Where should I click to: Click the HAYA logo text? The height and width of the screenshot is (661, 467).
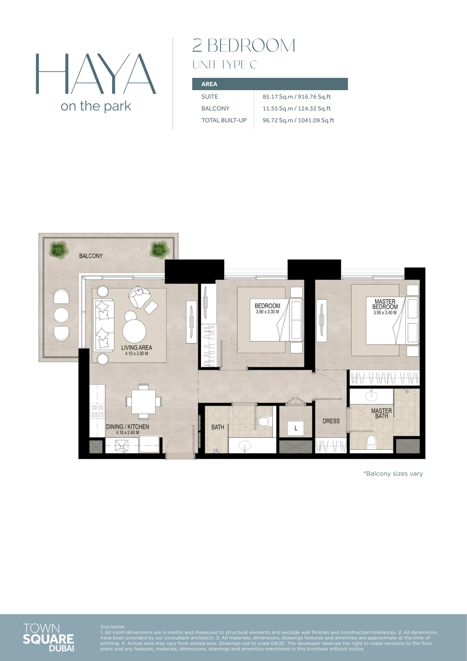tap(95, 74)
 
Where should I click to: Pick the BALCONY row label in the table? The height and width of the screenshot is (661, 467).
tap(215, 109)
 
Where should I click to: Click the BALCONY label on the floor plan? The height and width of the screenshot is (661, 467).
tap(91, 256)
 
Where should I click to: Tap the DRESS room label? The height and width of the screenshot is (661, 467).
tap(331, 421)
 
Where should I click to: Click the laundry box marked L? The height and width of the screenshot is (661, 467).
tap(296, 429)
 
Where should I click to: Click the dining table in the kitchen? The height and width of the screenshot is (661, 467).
tap(143, 402)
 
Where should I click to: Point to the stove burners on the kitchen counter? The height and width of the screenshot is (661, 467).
tap(97, 411)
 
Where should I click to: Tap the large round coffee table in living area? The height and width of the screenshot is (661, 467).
tap(134, 331)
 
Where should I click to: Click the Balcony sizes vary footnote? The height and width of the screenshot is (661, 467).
tap(393, 474)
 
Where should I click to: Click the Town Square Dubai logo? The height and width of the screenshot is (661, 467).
tap(48, 637)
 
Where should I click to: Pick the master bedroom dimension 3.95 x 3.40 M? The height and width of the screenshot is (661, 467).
tap(385, 313)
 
